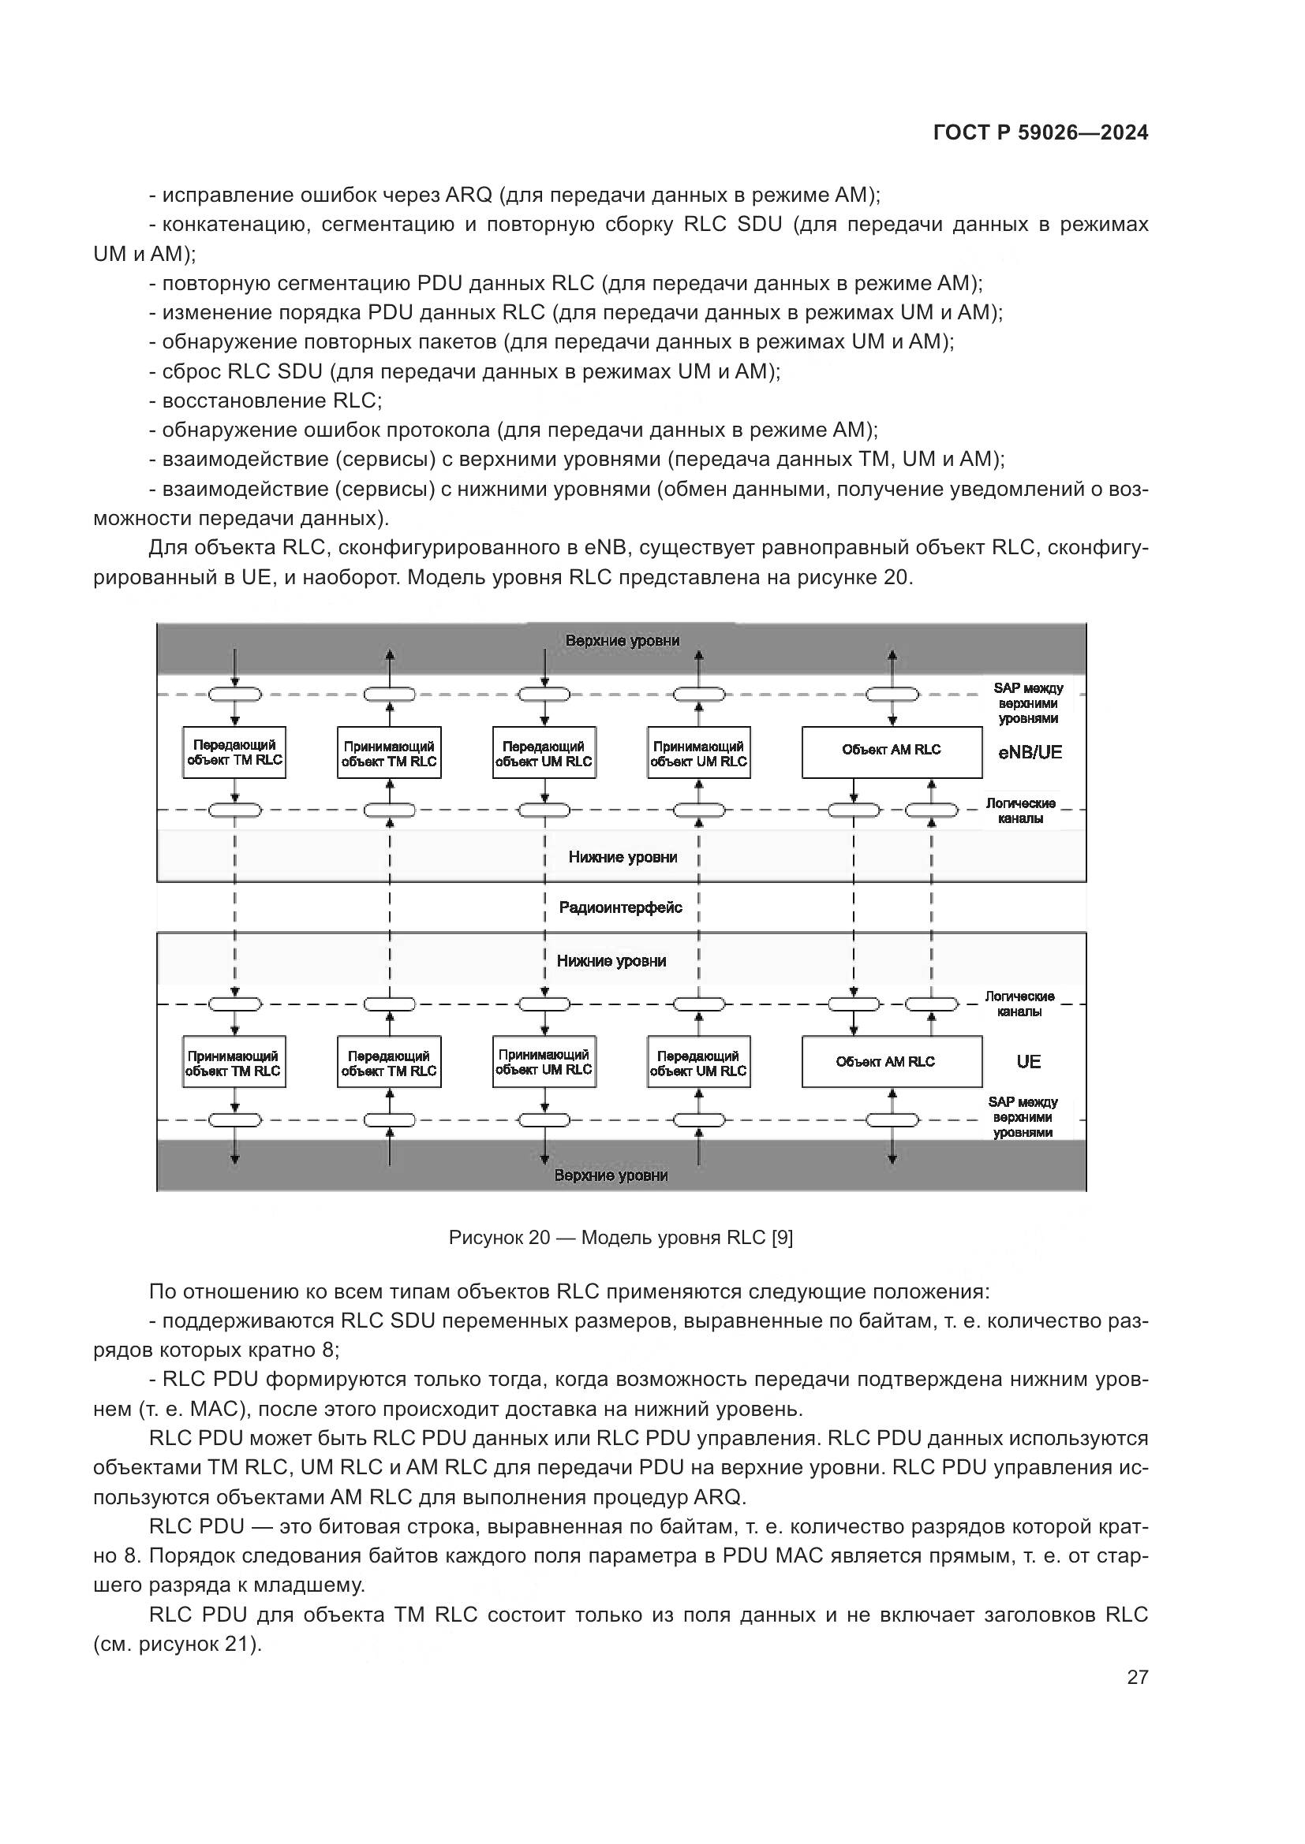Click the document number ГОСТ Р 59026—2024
pos(1041,133)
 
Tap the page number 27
pos(1137,1677)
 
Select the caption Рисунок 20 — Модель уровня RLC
pos(620,1238)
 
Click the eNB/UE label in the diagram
pos(1030,753)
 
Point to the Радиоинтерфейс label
pos(620,907)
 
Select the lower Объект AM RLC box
pos(891,1062)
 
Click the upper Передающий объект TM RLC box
pos(234,753)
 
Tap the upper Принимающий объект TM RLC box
pos(389,754)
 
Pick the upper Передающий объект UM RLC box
pos(544,754)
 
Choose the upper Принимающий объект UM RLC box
pos(698,754)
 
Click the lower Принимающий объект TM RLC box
pos(234,1063)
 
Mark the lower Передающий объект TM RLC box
pos(389,1063)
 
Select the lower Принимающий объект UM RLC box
pos(544,1062)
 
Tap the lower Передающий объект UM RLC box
pos(698,1063)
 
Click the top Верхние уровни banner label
pos(622,641)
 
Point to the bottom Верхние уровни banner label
pos(611,1175)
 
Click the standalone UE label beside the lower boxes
pos(1029,1062)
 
